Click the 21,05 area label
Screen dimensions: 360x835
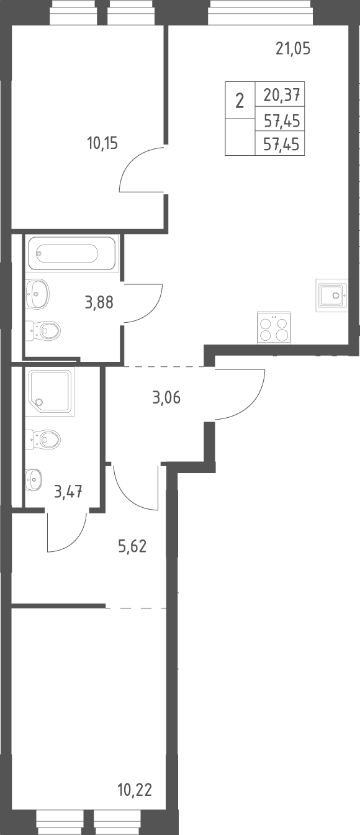pos(293,49)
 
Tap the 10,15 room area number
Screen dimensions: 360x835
pos(102,143)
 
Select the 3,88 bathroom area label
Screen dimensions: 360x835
pos(99,302)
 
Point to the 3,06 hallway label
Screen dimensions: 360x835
pos(166,398)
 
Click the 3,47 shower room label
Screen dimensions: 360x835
pos(68,492)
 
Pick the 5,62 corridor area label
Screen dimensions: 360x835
pos(132,546)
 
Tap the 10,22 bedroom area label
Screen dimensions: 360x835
pos(135,790)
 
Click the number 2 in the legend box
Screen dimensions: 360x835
pos(240,101)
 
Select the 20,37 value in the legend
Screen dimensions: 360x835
pos(282,96)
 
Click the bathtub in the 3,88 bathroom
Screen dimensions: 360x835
pos(71,253)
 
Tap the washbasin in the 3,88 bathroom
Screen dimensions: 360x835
pos(38,294)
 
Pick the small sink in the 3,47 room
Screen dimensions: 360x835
pos(34,479)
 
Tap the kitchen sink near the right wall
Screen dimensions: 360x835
pos(331,296)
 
